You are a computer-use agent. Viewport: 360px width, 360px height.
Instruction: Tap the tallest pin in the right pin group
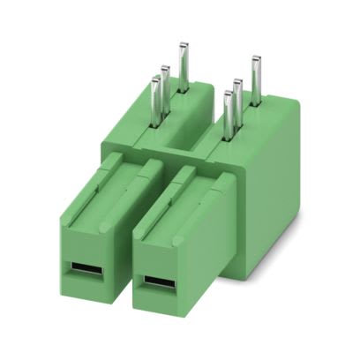point(256,80)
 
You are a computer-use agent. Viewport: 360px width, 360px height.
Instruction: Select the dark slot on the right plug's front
point(160,285)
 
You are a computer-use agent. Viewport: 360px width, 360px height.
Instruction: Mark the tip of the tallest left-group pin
point(184,44)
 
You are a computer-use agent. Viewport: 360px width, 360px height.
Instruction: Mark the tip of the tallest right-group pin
point(256,59)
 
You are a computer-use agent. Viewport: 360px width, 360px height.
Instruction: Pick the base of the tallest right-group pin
point(256,103)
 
